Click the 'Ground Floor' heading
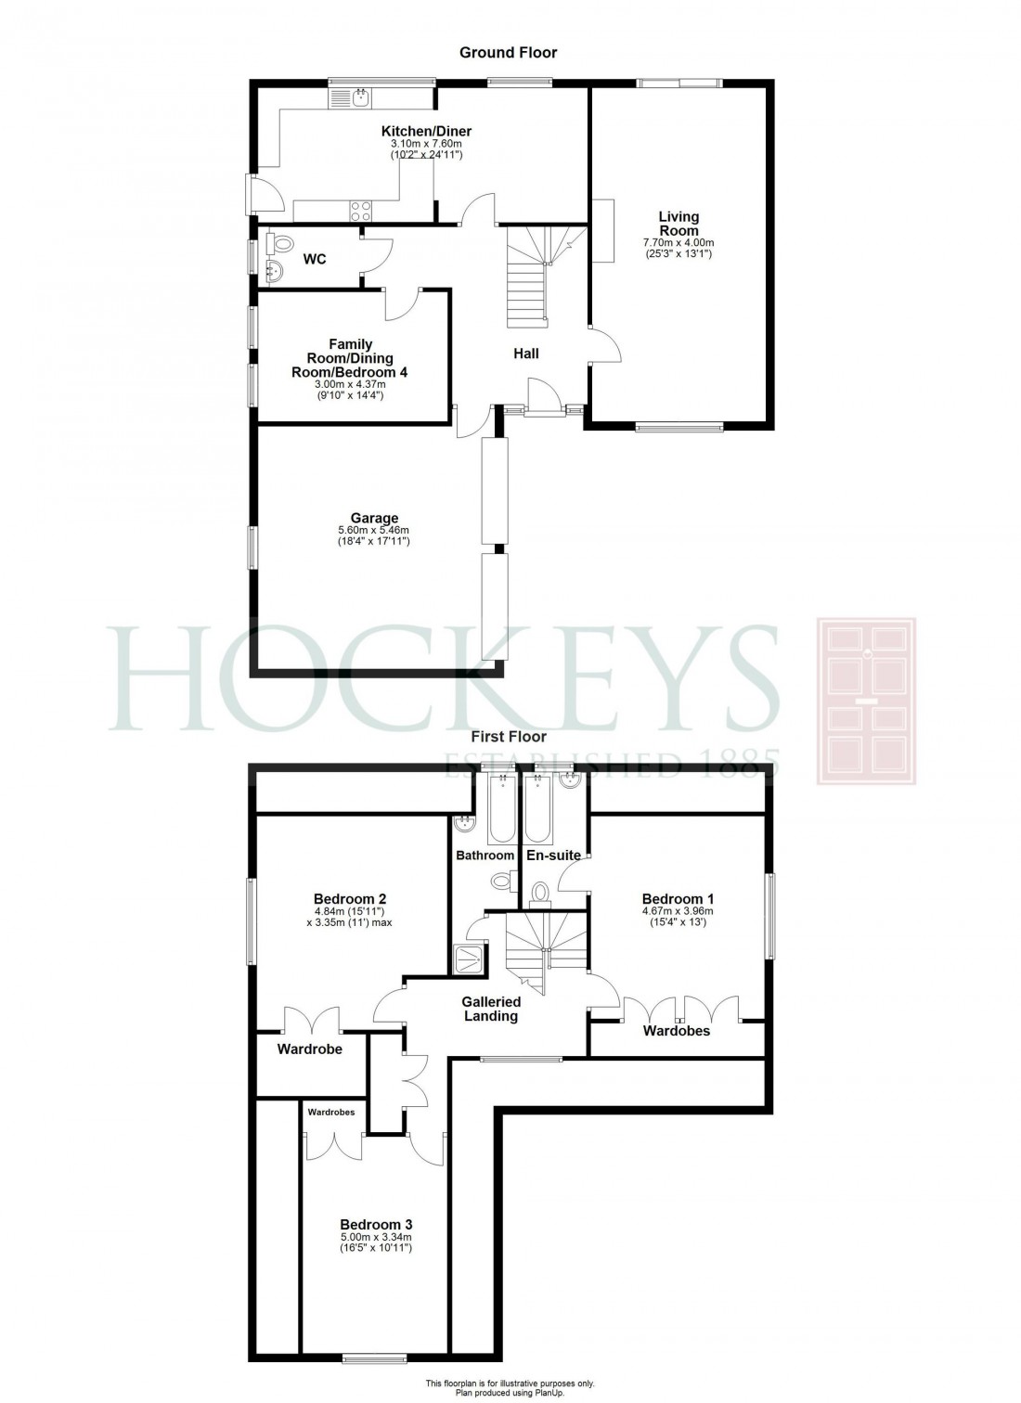509,53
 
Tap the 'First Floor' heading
507,737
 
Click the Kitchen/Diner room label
426,132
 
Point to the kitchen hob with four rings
361,212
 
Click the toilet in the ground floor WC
277,243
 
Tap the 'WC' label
315,260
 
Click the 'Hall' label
526,354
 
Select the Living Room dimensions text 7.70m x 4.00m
679,242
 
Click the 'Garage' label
374,518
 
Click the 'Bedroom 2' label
350,898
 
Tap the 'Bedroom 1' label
678,898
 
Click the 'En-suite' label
553,855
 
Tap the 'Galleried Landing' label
491,1009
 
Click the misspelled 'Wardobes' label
677,1031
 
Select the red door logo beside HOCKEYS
865,700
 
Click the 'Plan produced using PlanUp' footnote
510,1393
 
